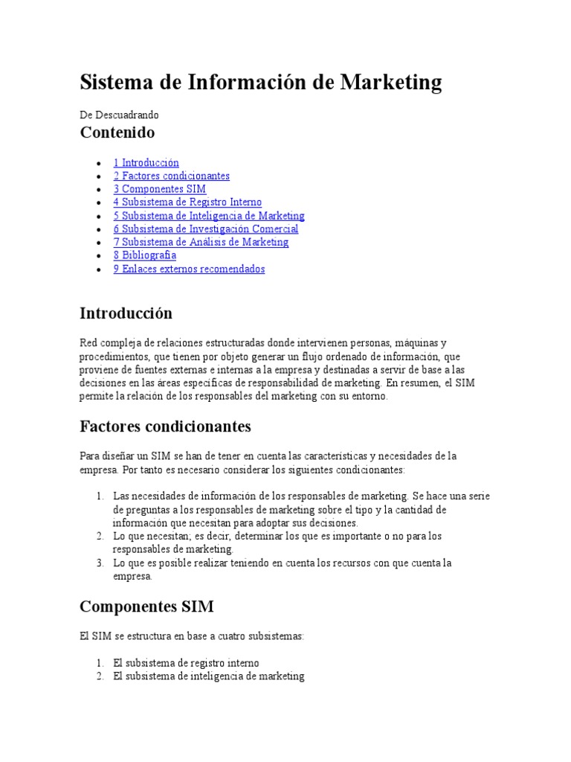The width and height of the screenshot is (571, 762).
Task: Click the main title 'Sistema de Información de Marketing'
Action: [260, 82]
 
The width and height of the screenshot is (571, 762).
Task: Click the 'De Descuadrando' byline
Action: [119, 115]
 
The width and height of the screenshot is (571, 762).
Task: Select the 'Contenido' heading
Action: [117, 133]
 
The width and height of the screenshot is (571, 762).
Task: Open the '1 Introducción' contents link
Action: [146, 163]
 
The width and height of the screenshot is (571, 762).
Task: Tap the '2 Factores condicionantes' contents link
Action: [171, 176]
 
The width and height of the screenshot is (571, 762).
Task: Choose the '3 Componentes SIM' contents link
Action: [159, 190]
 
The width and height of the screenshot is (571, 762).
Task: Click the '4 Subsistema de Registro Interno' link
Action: [187, 202]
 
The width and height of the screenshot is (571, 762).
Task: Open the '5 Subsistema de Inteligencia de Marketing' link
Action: [209, 216]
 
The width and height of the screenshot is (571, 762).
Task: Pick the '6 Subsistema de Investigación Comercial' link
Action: [206, 229]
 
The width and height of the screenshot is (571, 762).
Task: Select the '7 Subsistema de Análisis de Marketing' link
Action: [201, 242]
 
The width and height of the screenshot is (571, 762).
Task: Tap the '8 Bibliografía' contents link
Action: [144, 255]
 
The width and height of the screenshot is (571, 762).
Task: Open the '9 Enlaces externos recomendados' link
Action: [189, 269]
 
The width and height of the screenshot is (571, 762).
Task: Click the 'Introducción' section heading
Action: [126, 313]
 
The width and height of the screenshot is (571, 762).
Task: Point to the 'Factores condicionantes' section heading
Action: [165, 427]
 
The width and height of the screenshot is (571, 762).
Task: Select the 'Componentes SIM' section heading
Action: [146, 607]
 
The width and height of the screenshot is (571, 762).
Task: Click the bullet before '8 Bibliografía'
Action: [99, 256]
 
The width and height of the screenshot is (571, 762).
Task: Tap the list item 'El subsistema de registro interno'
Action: [186, 663]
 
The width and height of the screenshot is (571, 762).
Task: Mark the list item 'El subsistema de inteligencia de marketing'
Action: [209, 676]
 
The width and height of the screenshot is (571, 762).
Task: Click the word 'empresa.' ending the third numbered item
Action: [132, 576]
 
